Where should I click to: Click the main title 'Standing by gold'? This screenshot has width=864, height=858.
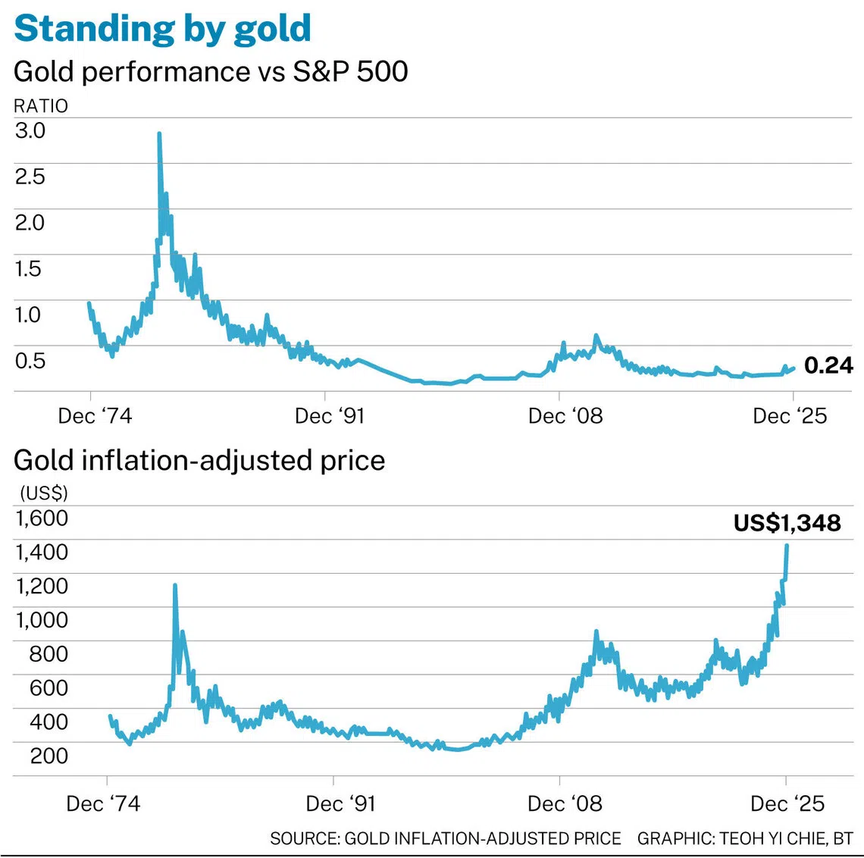162,28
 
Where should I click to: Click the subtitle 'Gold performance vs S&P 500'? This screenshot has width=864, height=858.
211,71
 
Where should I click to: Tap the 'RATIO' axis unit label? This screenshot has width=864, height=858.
41,106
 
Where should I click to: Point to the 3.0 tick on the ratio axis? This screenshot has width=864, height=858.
30,130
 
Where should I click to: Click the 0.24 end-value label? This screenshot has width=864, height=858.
828,365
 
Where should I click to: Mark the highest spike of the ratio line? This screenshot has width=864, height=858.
159,135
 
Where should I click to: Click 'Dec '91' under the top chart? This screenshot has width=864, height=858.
330,416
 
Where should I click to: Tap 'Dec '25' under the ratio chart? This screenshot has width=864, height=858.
790,416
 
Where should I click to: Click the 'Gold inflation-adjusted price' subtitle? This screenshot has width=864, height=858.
199,460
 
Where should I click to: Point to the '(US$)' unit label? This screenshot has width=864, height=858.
44,493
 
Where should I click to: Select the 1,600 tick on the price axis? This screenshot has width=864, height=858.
42,518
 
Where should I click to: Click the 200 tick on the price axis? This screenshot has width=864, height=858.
49,756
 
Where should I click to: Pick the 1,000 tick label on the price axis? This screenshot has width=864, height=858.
42,620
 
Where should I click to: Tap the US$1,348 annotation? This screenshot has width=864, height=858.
787,523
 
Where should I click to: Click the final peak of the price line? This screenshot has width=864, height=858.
787,546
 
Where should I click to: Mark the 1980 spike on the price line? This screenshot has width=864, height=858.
175,586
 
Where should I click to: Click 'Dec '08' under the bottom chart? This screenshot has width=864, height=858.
565,803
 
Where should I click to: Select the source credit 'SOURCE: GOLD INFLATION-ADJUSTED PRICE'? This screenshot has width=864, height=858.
445,838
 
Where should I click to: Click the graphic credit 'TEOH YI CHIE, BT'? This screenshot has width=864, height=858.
786,838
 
